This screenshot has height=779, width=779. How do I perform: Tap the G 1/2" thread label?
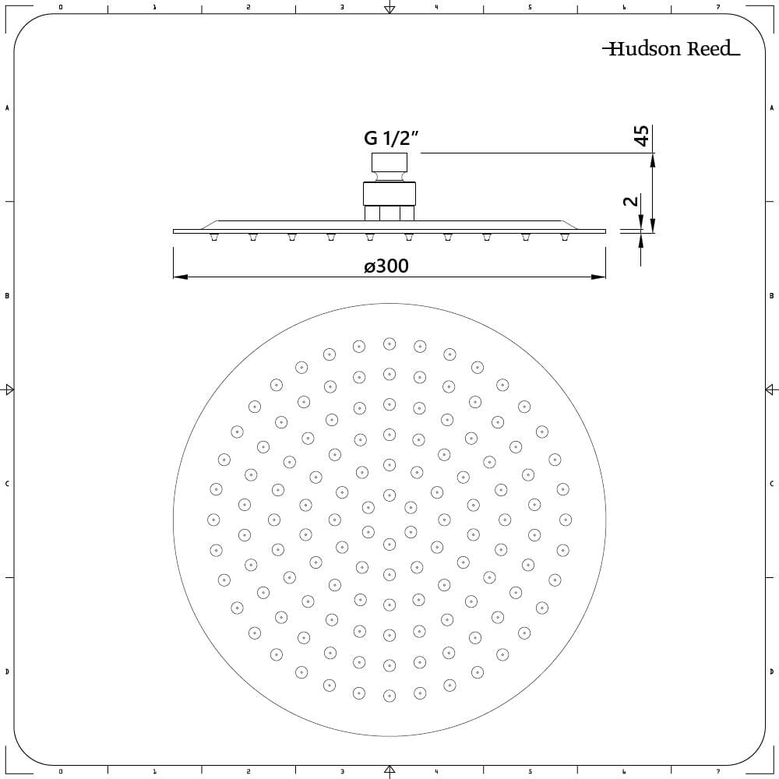coord(392,139)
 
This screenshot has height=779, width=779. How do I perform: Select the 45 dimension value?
coord(641,135)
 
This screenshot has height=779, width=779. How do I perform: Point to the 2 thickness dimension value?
coord(631,201)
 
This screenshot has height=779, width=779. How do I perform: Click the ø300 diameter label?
coord(386,266)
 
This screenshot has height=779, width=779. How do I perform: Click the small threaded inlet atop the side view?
coord(389,164)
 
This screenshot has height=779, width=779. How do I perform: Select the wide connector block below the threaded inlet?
coord(389,193)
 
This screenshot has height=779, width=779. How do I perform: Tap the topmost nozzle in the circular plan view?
coord(389,344)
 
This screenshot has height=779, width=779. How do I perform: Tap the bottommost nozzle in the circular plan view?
coord(389,693)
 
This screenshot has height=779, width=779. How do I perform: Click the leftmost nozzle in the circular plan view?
coord(213,519)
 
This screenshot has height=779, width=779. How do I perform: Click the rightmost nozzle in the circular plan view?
coord(566,519)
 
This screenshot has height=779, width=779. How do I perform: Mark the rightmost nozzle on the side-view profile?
coord(565,237)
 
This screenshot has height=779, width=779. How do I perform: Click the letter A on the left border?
coord(7,108)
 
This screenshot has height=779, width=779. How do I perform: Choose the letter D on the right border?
coord(771,671)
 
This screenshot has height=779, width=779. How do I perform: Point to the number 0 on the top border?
coord(61,7)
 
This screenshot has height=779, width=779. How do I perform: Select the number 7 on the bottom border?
coord(718,772)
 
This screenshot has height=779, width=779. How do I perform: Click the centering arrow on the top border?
coord(389,9)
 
